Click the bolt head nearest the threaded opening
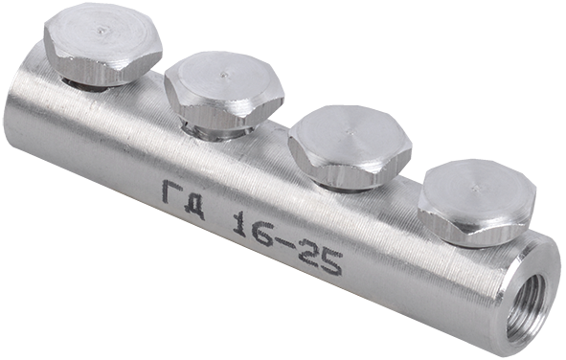coord(477,203)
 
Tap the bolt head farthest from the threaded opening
coord(102,46)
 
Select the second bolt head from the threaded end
coord(350,146)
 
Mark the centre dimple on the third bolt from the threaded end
coord(225,75)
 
